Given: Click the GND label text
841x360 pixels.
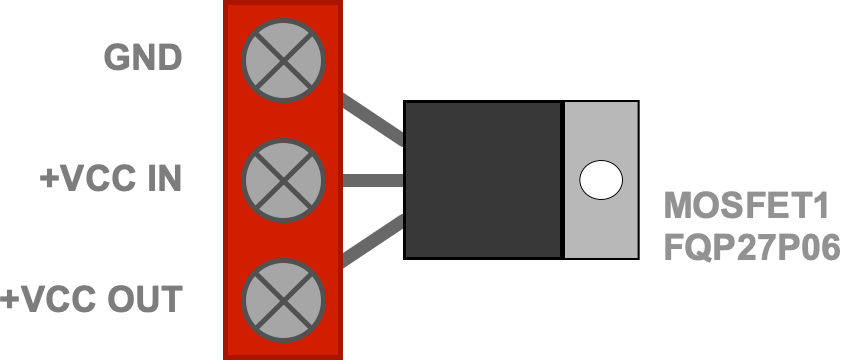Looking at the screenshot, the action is coord(143,57).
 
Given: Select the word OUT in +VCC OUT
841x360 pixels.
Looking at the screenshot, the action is coord(145,299).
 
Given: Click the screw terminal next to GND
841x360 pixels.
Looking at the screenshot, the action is coord(283,60).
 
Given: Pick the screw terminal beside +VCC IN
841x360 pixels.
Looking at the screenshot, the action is coord(283,180).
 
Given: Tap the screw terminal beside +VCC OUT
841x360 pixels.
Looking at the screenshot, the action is coord(283,300).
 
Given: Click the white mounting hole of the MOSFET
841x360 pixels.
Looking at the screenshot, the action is coord(601,180).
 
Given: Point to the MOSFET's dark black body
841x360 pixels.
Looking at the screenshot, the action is coord(482,180).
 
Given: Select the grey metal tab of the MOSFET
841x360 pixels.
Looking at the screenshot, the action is coord(601,180).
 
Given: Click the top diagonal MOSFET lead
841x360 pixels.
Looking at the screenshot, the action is coord(373,120).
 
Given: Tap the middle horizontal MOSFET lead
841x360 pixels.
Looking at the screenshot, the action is coord(373,180).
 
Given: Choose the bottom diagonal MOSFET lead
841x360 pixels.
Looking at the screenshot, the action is coord(373,240).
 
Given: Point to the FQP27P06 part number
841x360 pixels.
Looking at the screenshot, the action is coord(752,247).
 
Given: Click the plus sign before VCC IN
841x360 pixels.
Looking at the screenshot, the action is coord(49,179).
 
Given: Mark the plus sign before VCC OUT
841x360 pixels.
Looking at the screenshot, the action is coord(10,299).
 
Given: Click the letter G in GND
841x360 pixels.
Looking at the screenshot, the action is coord(116,57).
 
